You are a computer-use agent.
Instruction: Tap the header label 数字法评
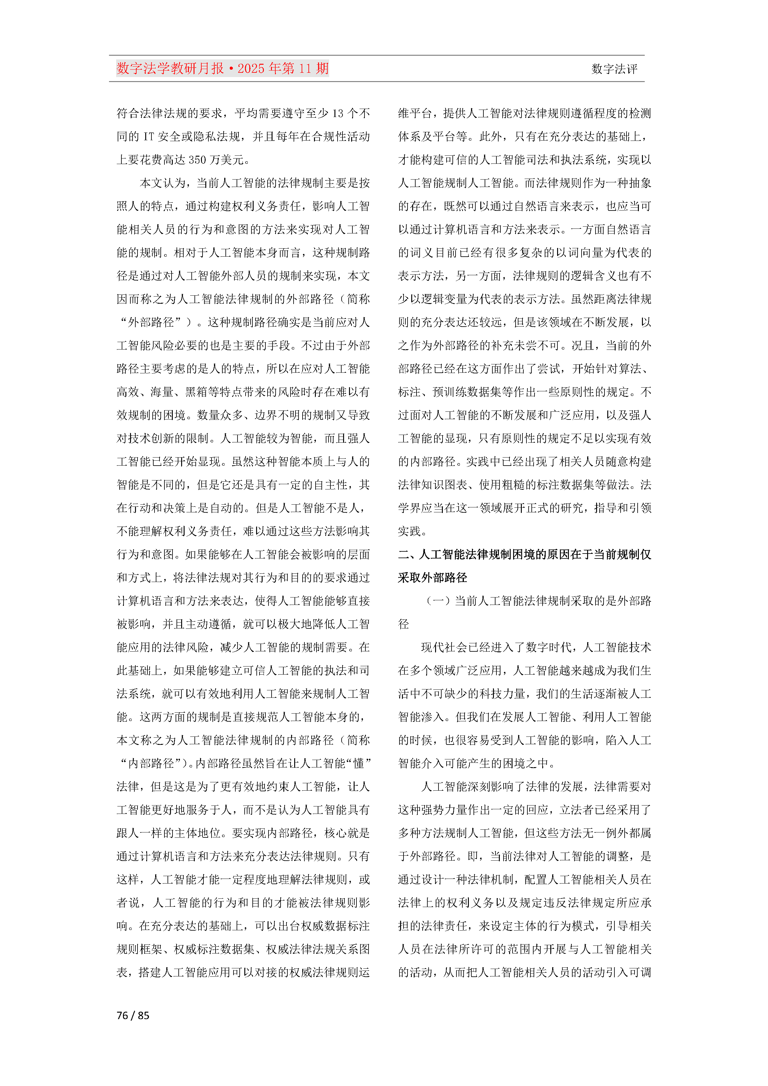coord(614,69)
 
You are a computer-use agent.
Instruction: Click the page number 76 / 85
coord(133,1015)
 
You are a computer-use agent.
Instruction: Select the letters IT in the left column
coord(149,137)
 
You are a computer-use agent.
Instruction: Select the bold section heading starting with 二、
coord(524,554)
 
